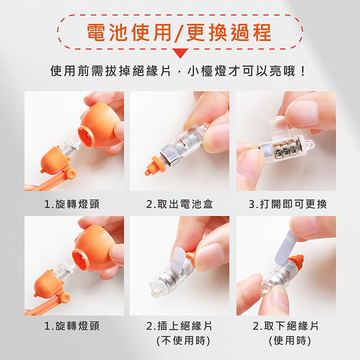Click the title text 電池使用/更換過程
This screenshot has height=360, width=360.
click(x=180, y=32)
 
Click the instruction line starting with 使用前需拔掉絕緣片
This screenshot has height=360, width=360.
click(x=175, y=72)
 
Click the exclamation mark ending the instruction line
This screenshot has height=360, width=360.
click(x=303, y=72)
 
